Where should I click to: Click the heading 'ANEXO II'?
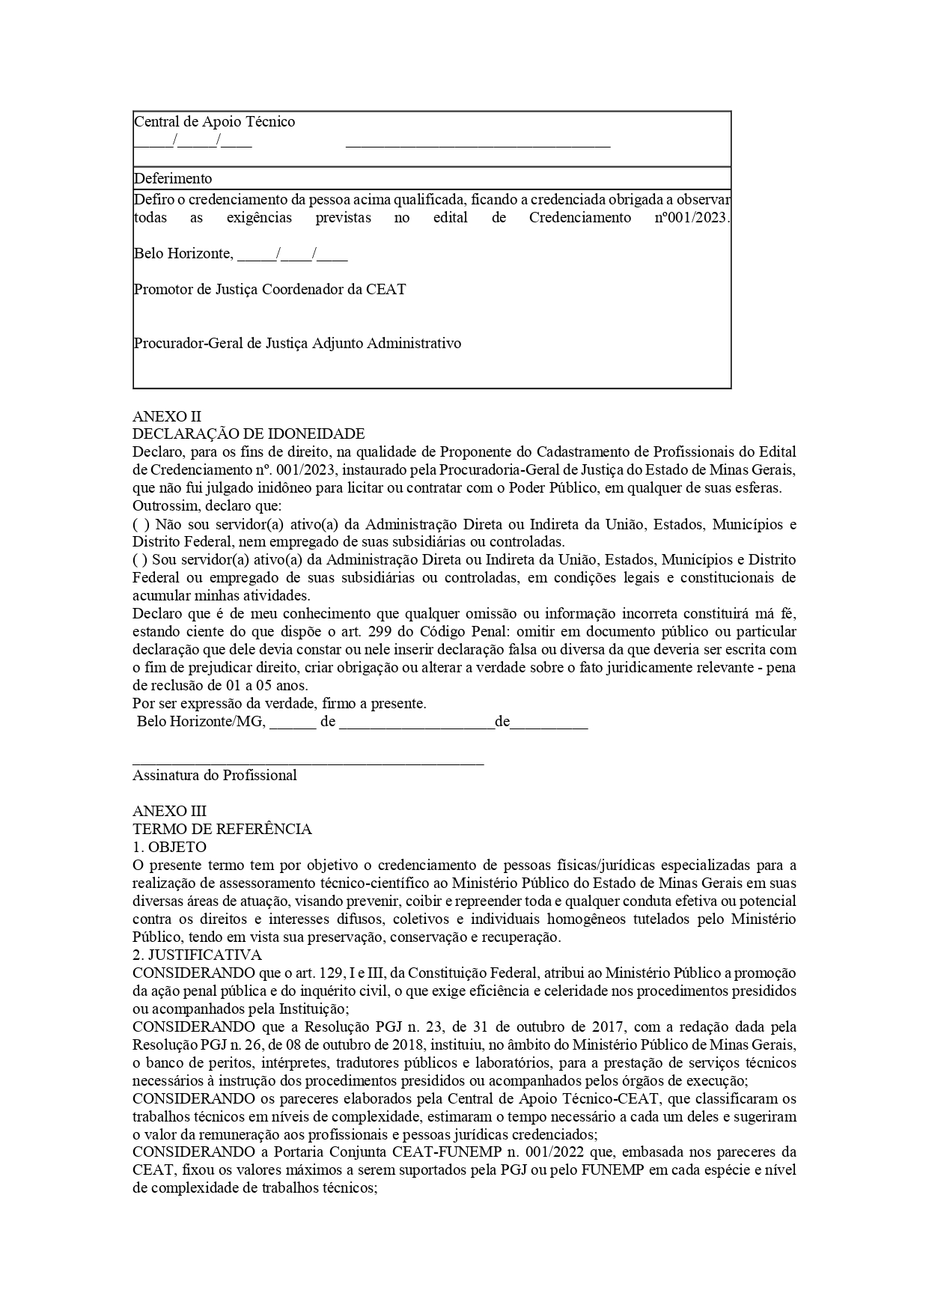167,416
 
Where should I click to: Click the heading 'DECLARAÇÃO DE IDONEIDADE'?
249,434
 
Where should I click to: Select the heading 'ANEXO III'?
169,812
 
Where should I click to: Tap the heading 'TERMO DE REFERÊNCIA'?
222,830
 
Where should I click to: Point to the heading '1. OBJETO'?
169,848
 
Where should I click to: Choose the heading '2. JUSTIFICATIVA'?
197,955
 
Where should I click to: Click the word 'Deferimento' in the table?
173,178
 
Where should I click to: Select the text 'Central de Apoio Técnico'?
214,121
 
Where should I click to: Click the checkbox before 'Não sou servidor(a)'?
139,524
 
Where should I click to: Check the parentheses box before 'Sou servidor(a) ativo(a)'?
139,560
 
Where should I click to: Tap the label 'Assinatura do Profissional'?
215,776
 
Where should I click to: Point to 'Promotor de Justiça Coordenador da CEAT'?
269,290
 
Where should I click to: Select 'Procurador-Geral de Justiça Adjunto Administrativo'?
297,344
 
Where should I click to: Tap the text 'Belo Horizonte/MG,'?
200,723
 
